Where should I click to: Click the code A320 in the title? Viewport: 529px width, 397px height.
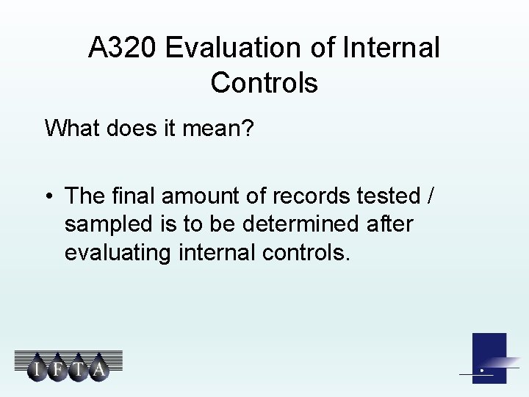(123, 49)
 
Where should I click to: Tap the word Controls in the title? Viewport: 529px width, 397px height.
(264, 82)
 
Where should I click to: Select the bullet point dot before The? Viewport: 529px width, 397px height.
(48, 197)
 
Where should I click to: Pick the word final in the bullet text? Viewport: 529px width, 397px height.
(135, 196)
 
